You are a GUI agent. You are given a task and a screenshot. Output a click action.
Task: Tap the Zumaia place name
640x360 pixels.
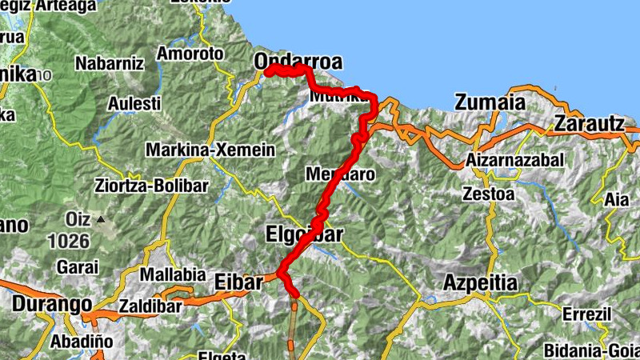[x=490, y=102]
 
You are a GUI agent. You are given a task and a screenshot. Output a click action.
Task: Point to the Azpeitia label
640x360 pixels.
[x=480, y=283]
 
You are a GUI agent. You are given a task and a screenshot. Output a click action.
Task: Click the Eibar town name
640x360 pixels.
[x=238, y=282]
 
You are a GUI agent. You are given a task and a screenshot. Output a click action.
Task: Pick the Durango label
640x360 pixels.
[x=50, y=304]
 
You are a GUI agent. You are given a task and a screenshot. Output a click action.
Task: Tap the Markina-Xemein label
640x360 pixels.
[x=210, y=150]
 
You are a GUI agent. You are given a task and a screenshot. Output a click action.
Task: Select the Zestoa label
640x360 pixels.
[x=489, y=193]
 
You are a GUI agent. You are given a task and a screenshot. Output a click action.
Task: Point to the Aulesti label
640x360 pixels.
[x=135, y=103]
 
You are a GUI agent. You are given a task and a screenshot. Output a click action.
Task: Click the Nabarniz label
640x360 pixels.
[x=108, y=62]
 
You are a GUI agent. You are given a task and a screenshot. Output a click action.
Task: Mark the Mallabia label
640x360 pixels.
[x=173, y=274]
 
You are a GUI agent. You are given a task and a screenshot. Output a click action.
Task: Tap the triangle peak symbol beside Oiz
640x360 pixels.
[x=102, y=218]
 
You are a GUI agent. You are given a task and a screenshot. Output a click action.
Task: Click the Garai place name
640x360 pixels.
[x=78, y=266]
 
